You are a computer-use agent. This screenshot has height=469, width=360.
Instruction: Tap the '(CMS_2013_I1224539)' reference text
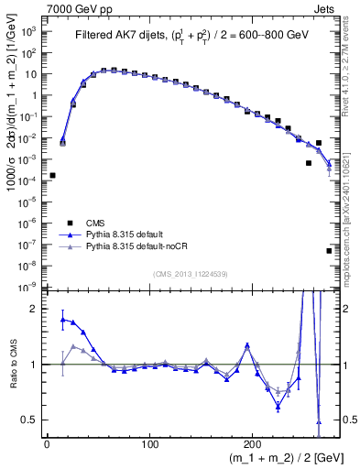tap(192, 272)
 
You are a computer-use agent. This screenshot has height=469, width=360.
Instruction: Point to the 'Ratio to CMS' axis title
tap(12, 364)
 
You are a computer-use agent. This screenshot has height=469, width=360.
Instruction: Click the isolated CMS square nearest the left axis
tap(52, 175)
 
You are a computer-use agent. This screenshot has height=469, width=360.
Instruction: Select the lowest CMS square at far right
tap(329, 250)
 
